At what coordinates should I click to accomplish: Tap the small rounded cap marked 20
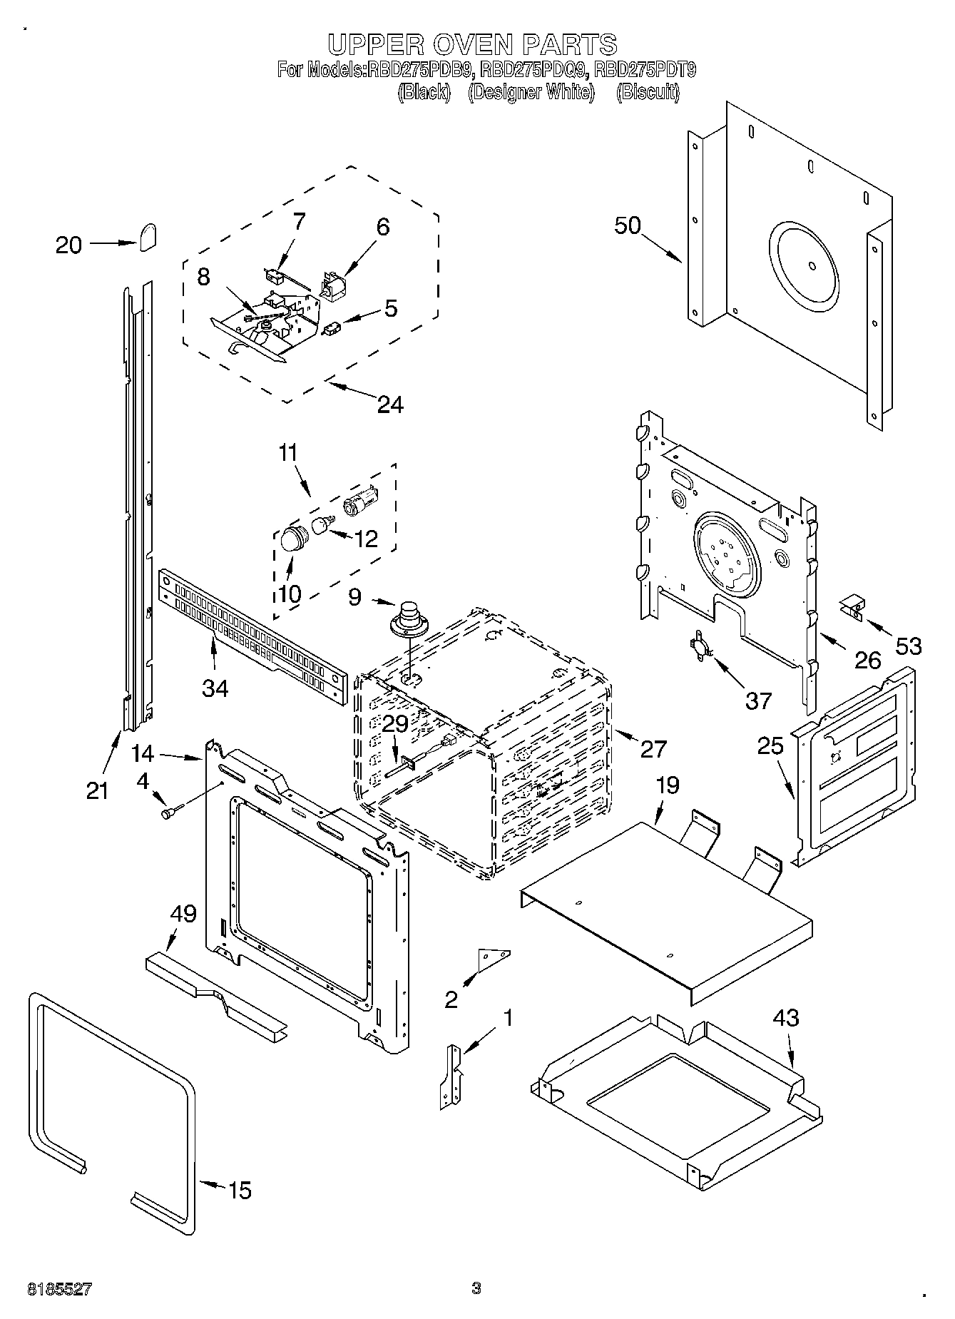click(x=148, y=237)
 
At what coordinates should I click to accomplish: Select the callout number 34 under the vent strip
click(x=215, y=688)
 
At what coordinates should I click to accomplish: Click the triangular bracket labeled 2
click(x=494, y=960)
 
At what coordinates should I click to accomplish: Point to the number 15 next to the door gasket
click(x=240, y=1190)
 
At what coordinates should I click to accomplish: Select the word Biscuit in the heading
click(x=647, y=92)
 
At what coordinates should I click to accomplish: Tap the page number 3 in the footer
click(x=476, y=1288)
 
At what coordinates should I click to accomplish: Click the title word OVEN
click(x=471, y=44)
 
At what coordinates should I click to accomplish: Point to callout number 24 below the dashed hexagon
click(x=389, y=404)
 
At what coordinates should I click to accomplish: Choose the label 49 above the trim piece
click(x=183, y=913)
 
